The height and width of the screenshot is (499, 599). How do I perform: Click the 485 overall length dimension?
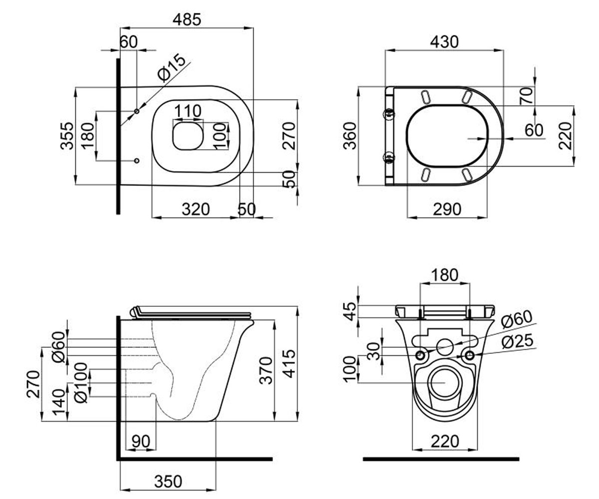(x=187, y=20)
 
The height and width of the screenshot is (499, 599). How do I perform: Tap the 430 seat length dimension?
(x=444, y=42)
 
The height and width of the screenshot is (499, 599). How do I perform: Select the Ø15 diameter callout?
(x=171, y=67)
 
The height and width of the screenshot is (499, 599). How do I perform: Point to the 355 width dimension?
(x=67, y=136)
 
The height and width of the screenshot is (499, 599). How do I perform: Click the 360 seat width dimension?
(x=350, y=136)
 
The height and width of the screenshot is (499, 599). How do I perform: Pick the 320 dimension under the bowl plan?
(x=196, y=210)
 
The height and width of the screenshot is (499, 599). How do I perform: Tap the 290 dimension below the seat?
(x=447, y=210)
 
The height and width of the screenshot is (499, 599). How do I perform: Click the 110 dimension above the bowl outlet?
(x=188, y=111)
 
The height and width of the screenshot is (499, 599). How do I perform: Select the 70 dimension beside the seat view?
(x=527, y=96)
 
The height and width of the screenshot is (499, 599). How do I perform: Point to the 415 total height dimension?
(x=289, y=364)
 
